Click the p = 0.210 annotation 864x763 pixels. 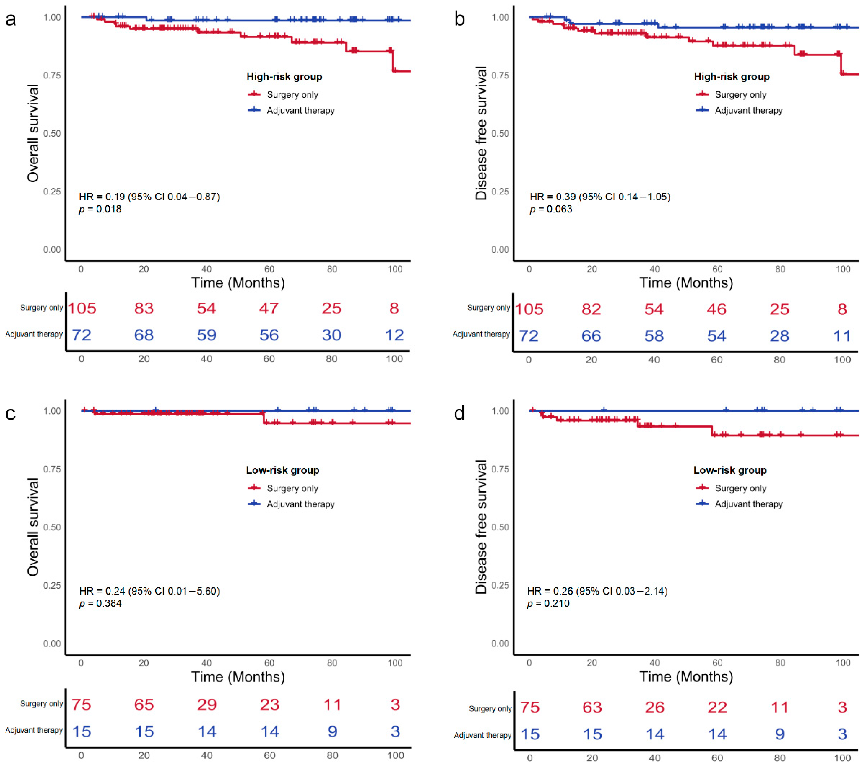548,603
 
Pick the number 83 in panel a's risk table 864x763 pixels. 144,308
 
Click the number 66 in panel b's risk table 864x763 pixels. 591,336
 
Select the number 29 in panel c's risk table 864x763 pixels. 207,705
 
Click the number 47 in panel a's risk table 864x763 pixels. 269,308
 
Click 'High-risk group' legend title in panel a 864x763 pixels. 284,77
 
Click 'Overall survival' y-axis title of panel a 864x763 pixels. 33,133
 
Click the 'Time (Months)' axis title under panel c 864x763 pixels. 238,677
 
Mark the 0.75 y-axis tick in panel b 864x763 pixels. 500,75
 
